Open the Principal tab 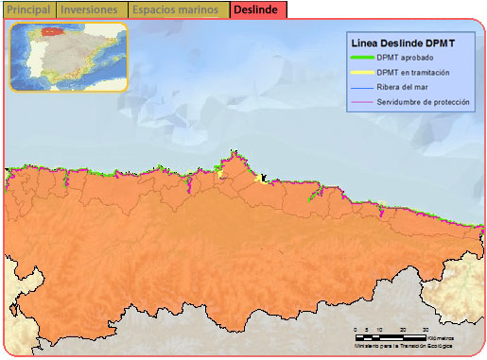(28, 10)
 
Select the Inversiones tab (90, 10)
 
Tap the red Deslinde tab (255, 10)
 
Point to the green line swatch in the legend (360, 58)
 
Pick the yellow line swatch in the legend (360, 72)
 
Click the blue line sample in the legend (360, 87)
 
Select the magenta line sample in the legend (360, 101)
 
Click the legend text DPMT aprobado (406, 58)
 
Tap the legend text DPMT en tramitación (412, 72)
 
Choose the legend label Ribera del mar (404, 87)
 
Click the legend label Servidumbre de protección (422, 101)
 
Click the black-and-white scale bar (390, 337)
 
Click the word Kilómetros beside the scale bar (441, 337)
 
